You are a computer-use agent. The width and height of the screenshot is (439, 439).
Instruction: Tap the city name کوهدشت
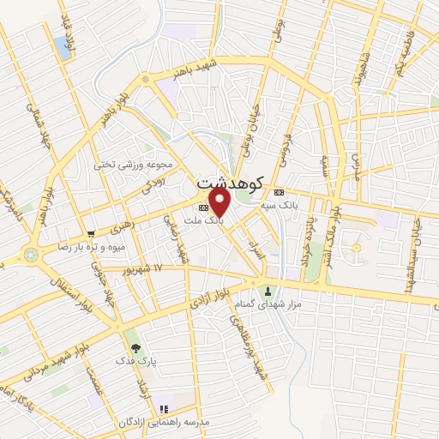coord(226,183)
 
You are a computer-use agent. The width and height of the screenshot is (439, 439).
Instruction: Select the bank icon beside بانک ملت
coord(203,207)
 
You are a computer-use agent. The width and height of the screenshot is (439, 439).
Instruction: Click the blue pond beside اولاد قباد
coord(63,48)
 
